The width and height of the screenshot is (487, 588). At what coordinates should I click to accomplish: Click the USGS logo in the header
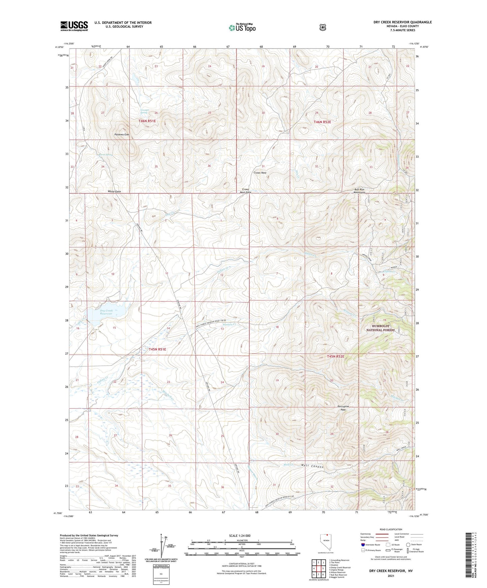tap(74, 26)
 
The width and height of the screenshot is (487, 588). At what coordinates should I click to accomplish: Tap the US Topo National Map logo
tap(242, 27)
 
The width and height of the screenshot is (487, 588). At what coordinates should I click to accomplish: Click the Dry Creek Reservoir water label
tap(106, 312)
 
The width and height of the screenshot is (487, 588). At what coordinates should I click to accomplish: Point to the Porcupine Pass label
tap(343, 408)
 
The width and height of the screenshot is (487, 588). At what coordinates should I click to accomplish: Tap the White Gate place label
tap(114, 191)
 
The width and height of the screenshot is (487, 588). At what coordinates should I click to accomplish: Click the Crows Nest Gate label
tap(245, 191)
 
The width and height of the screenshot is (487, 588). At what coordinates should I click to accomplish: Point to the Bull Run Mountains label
tap(359, 191)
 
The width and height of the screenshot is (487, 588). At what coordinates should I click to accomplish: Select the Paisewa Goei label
tap(122, 134)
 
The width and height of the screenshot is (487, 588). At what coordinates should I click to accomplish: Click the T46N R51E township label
tap(147, 121)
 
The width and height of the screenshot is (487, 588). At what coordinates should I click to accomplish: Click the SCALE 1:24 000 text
tap(240, 535)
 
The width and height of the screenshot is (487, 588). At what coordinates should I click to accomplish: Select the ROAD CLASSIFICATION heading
tap(391, 529)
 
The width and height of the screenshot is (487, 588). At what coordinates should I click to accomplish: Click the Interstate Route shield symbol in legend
tap(363, 544)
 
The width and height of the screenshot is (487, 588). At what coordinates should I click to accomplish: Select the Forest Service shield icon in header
tap(323, 27)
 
